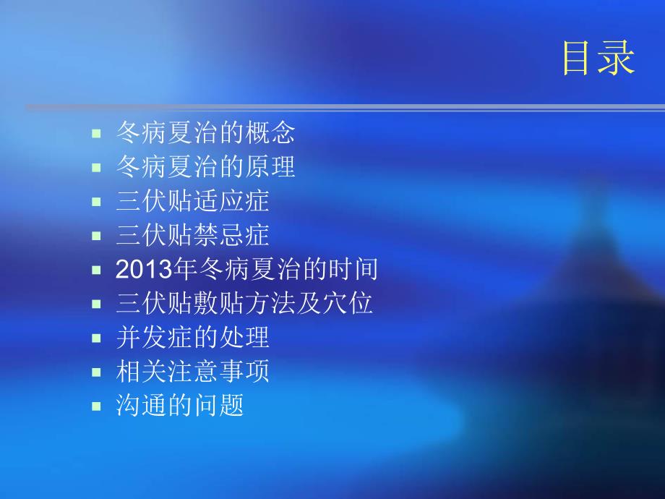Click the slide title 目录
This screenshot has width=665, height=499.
click(x=598, y=58)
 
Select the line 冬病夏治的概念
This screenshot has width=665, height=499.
click(x=205, y=133)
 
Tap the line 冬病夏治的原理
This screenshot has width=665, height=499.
click(x=205, y=167)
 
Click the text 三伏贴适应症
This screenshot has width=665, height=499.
click(x=192, y=201)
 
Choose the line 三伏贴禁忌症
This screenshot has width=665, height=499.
click(x=192, y=235)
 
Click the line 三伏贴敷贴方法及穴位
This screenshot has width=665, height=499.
click(x=244, y=304)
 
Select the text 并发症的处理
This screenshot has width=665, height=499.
click(x=192, y=338)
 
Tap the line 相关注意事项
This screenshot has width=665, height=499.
click(x=192, y=372)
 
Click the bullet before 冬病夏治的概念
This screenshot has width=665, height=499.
click(x=96, y=134)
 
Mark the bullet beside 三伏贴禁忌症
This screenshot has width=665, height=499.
click(x=96, y=236)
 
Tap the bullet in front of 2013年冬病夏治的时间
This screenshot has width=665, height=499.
click(x=96, y=270)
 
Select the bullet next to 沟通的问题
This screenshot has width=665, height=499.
click(x=96, y=406)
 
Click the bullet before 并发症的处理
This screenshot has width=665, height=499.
click(x=96, y=338)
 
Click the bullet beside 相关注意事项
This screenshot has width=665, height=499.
click(x=96, y=372)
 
